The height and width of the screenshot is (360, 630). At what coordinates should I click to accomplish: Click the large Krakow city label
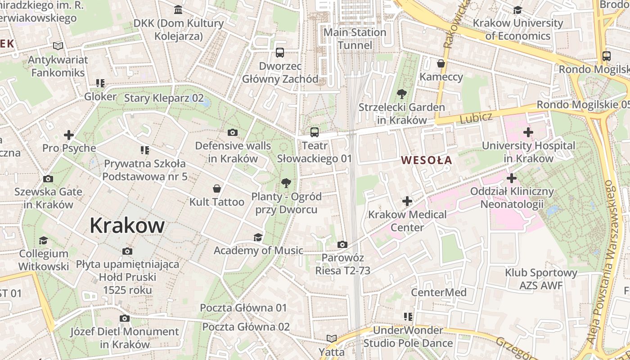tap(127, 225)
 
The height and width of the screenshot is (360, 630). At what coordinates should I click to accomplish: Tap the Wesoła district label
tap(427, 160)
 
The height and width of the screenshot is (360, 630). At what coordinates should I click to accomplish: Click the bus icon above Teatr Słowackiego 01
tap(315, 132)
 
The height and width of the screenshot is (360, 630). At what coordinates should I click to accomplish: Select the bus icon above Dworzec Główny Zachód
tap(280, 53)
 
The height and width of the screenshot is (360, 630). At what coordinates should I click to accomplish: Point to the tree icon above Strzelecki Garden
tap(401, 94)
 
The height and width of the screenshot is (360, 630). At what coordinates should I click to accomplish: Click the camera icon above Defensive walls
tap(233, 132)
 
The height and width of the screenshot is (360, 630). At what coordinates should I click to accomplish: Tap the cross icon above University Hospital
tap(528, 132)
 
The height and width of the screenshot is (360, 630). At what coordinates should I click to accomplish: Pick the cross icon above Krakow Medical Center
tap(407, 201)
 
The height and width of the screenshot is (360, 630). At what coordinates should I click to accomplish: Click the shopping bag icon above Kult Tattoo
tap(217, 189)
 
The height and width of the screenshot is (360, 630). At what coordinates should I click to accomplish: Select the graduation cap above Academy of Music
tap(258, 237)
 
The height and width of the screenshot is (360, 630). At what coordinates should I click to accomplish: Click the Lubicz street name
tap(477, 118)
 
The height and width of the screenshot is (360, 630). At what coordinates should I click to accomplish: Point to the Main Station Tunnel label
tap(355, 39)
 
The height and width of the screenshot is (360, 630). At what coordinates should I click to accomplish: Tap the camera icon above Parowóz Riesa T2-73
tap(342, 245)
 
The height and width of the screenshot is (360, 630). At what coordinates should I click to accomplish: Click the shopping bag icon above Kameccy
tap(441, 63)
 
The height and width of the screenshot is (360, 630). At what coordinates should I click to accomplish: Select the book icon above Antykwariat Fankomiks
tap(58, 46)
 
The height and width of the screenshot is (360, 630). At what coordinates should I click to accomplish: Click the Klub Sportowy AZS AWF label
tap(541, 279)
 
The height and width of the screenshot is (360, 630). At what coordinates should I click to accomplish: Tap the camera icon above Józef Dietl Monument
tap(125, 319)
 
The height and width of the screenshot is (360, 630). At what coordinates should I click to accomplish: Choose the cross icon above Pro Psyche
tap(69, 135)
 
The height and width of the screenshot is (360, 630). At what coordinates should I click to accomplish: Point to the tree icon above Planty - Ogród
tap(286, 183)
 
